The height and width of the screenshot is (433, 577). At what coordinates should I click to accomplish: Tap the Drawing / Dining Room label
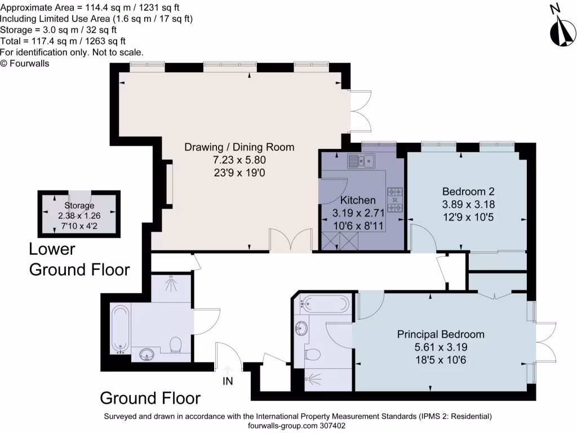[x=239, y=147]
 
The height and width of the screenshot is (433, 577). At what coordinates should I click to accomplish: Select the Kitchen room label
[x=357, y=200]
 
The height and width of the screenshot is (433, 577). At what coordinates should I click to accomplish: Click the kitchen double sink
[x=362, y=162]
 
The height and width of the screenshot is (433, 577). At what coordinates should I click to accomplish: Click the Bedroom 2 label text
[x=468, y=191]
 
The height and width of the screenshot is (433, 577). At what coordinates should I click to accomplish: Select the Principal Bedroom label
[x=441, y=334]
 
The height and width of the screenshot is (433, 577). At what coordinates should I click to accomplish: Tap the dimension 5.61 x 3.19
[x=441, y=347]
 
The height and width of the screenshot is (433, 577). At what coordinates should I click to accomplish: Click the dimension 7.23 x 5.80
[x=239, y=160]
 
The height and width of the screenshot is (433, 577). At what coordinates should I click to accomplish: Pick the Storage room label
[x=79, y=206]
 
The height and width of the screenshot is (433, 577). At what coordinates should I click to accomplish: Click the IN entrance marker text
[x=228, y=382]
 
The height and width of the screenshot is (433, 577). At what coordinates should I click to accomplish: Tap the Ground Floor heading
[x=150, y=398]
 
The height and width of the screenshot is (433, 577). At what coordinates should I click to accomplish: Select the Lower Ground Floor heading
[x=79, y=259]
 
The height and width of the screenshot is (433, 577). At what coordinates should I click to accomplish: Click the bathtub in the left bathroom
[x=121, y=329]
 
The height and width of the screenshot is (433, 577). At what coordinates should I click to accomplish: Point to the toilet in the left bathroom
[x=176, y=344]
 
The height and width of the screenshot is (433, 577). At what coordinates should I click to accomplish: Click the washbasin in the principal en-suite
[x=302, y=327]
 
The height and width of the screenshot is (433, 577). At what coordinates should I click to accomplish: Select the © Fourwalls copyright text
[x=25, y=64]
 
